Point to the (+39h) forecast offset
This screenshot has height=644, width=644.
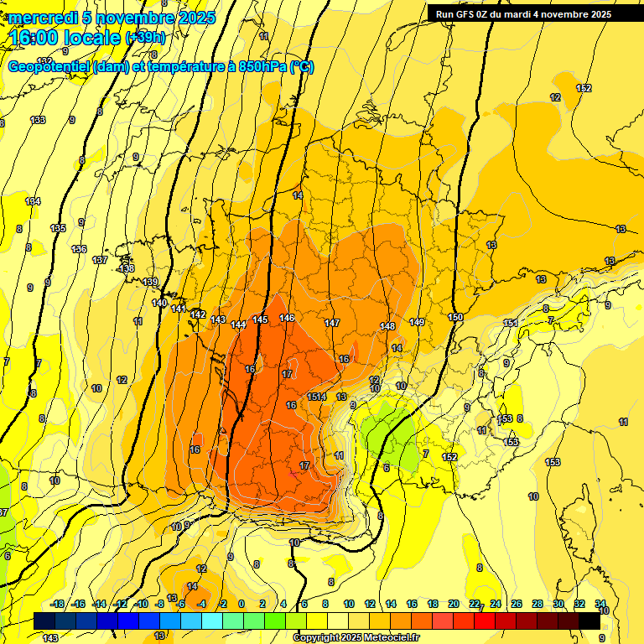tap(145, 38)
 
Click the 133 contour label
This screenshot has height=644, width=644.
tap(38, 120)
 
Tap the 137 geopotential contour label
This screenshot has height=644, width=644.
tap(100, 260)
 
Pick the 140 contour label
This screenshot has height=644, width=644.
tap(159, 303)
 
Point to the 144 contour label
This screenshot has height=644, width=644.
tap(239, 324)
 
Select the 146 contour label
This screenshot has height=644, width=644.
tap(287, 318)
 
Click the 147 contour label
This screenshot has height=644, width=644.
tap(332, 323)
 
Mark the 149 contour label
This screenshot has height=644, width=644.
tap(417, 322)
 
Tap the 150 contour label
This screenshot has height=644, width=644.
tap(455, 317)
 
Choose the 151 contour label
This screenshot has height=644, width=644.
tap(510, 323)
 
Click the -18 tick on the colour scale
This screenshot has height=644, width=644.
tap(58, 604)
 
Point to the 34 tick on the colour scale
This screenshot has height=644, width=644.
tap(600, 604)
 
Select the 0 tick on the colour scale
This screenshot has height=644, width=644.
tap(241, 604)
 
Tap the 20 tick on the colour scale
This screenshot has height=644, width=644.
tap(453, 604)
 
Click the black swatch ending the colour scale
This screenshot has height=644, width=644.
tap(589, 621)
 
